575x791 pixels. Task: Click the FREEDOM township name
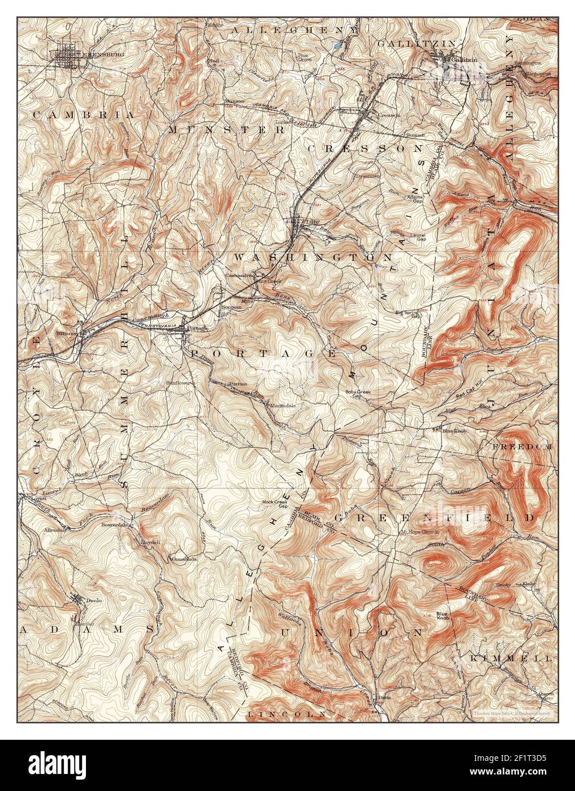[522, 447]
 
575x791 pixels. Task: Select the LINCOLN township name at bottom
[287, 714]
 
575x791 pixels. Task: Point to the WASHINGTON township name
[313, 258]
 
